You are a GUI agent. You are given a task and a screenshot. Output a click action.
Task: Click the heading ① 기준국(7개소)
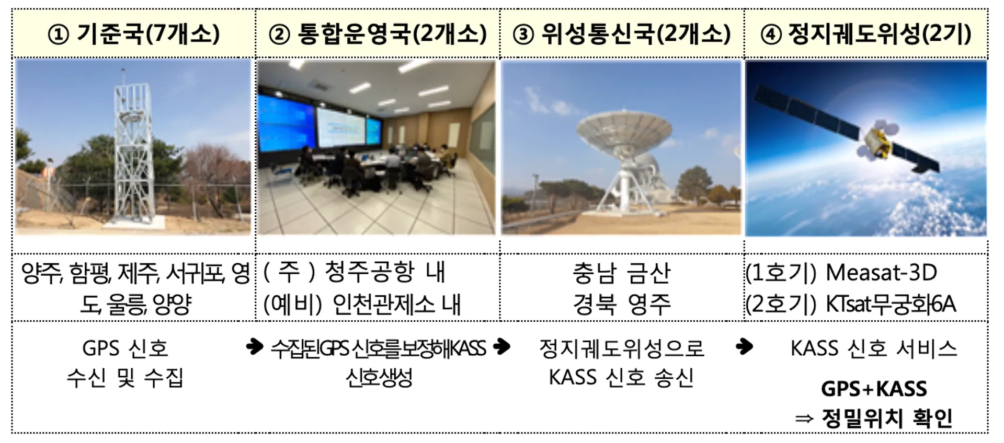pos(134,34)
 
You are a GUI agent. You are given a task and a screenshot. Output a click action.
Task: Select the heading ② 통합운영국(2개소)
pos(378,34)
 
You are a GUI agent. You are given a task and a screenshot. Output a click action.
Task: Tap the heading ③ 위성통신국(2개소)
pos(622,34)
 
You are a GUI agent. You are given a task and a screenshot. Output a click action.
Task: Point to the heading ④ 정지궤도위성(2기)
pos(865,34)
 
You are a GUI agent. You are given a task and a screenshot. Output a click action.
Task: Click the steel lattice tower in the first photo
pos(133,151)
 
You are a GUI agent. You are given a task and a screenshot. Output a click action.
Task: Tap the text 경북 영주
pos(621,304)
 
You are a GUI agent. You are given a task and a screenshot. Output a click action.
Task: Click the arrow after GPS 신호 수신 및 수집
pos(255,346)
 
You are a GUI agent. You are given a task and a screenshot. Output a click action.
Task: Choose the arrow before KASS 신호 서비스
pos(744,346)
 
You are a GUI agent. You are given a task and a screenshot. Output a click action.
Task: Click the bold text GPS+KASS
pos(874,389)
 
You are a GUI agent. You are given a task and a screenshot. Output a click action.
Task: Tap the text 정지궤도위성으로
pos(621,348)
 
